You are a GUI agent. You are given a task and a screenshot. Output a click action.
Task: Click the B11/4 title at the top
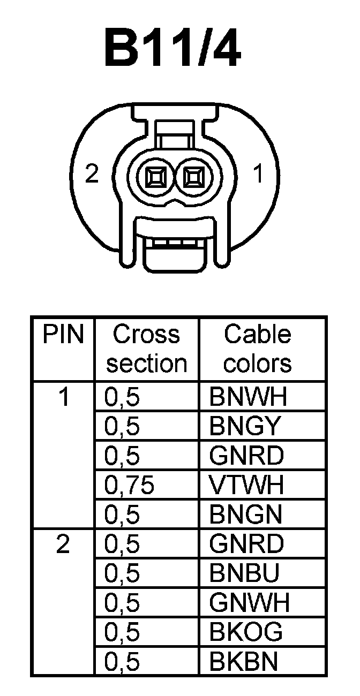point(172,50)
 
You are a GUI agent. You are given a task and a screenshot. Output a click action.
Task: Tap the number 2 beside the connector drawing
point(93,174)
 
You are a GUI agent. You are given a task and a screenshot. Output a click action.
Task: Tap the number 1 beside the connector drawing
point(259,174)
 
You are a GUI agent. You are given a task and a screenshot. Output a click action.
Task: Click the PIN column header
point(64,335)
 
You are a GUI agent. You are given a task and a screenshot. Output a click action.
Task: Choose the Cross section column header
point(146,349)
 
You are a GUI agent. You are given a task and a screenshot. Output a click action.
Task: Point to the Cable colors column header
point(257,349)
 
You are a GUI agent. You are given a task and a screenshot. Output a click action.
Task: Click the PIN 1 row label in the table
point(64,398)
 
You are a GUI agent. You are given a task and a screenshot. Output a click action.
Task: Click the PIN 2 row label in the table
point(63,545)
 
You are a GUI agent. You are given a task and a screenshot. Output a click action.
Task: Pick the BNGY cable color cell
point(245,427)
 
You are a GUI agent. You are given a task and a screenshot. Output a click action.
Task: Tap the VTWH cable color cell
point(247,486)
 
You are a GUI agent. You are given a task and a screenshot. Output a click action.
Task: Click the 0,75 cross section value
point(130,486)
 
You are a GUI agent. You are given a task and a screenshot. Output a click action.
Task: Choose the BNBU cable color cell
point(245,574)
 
